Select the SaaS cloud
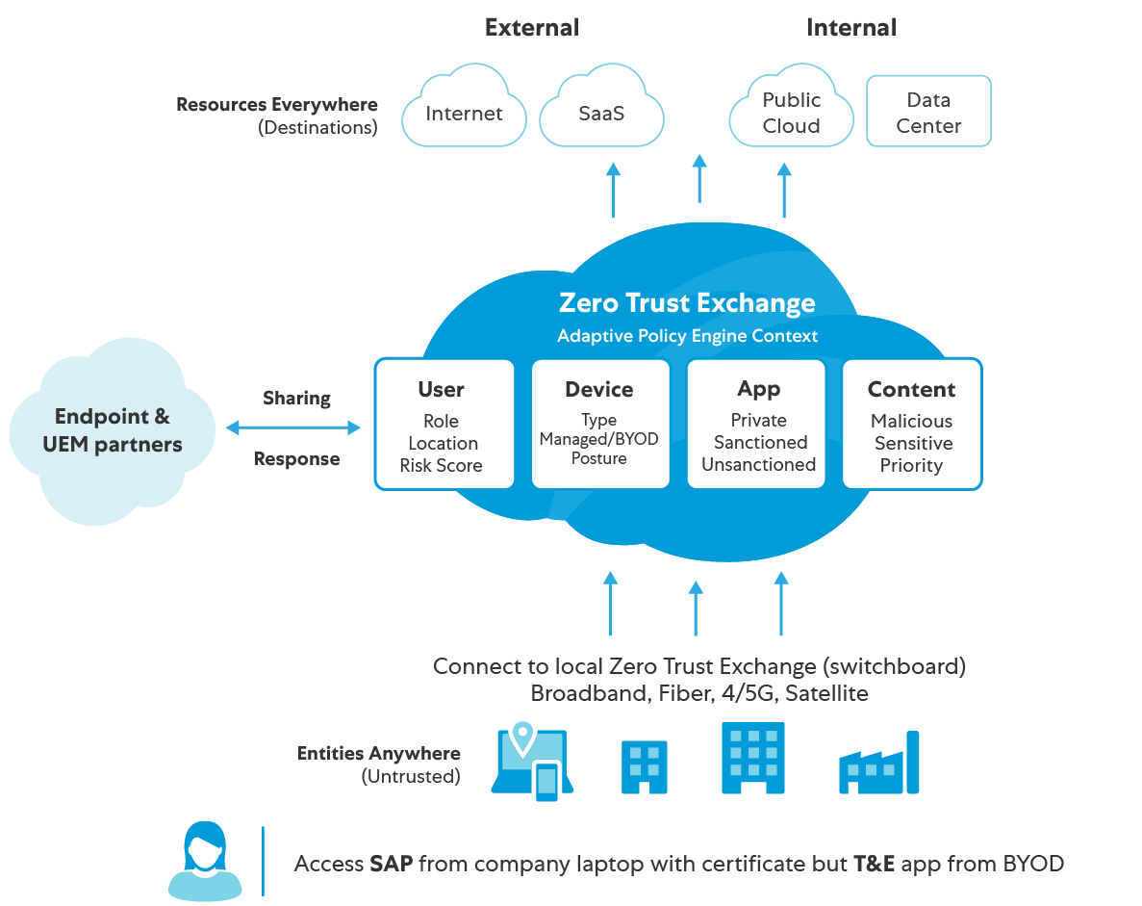601,110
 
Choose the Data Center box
928,112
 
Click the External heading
532,27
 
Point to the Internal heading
851,27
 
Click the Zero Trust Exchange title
687,303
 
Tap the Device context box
600,425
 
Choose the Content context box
912,425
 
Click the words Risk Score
442,466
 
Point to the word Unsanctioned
758,465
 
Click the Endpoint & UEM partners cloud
113,431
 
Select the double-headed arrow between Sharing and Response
292,427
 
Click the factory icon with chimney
878,764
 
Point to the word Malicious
911,421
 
